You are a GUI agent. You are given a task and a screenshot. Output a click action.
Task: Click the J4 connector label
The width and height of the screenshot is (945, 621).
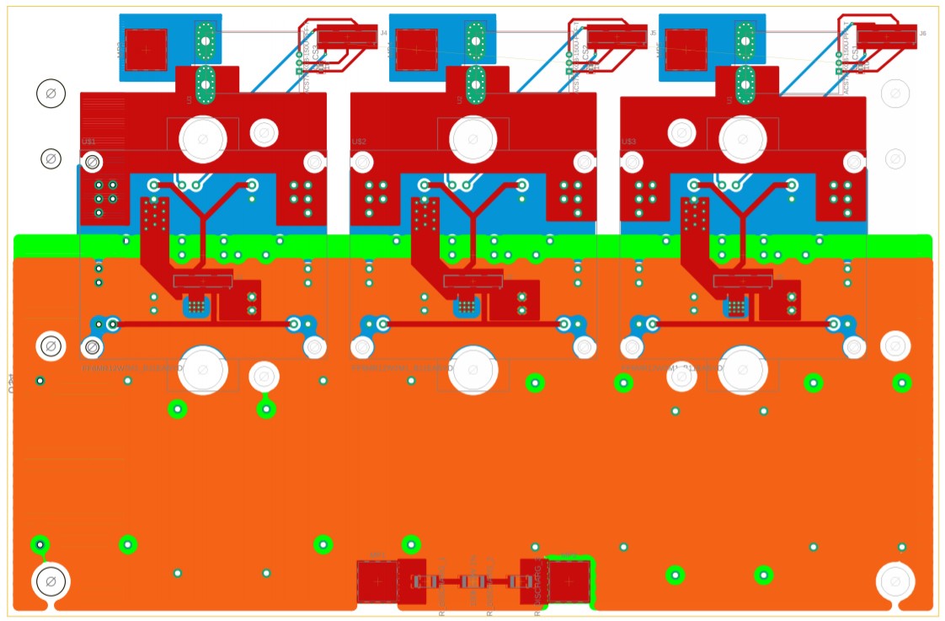(384, 33)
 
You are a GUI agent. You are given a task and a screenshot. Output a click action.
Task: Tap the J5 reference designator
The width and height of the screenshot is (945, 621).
(654, 33)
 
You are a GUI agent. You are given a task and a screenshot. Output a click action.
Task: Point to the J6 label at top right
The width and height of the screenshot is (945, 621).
(923, 33)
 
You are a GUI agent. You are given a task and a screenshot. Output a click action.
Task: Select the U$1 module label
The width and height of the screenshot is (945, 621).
(88, 142)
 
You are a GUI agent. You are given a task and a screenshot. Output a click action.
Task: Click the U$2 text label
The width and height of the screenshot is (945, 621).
(359, 142)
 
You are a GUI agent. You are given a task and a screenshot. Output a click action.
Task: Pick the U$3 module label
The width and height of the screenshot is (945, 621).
(628, 142)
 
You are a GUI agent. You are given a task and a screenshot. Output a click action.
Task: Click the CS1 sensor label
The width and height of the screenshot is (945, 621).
(856, 53)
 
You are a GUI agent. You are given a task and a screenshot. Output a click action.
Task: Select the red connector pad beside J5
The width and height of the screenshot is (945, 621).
(617, 36)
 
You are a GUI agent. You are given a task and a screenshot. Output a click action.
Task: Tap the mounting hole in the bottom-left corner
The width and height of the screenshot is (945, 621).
(51, 581)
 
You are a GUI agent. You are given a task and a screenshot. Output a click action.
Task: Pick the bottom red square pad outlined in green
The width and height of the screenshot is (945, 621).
(569, 581)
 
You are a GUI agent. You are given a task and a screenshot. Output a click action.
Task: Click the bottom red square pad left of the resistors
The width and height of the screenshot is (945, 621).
(377, 581)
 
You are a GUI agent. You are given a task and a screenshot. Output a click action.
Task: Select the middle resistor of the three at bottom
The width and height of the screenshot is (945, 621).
(472, 581)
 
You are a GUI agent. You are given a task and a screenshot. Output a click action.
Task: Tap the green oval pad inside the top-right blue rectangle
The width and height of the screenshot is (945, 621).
(745, 38)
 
